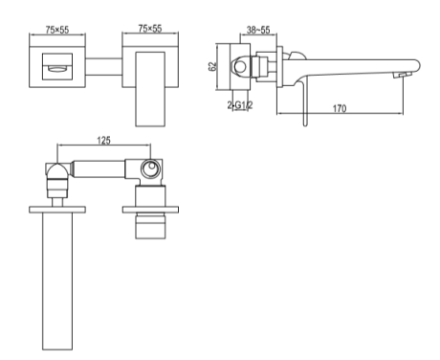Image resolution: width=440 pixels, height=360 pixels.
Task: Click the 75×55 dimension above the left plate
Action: click(x=57, y=30)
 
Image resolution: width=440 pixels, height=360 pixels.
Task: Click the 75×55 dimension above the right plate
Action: click(x=150, y=29)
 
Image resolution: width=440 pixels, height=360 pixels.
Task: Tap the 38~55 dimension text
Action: click(x=258, y=30)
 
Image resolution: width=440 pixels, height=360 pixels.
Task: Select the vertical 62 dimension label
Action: click(x=212, y=66)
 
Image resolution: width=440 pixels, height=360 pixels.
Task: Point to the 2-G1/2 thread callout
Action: click(x=240, y=105)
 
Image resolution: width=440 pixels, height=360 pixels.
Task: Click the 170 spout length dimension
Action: click(x=340, y=108)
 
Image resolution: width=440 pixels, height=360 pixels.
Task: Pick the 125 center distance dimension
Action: click(x=103, y=140)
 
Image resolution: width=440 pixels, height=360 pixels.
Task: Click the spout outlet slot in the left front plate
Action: click(x=57, y=68)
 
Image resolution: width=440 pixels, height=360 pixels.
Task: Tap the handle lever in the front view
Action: click(x=150, y=89)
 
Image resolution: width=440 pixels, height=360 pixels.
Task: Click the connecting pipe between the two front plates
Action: click(x=103, y=67)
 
